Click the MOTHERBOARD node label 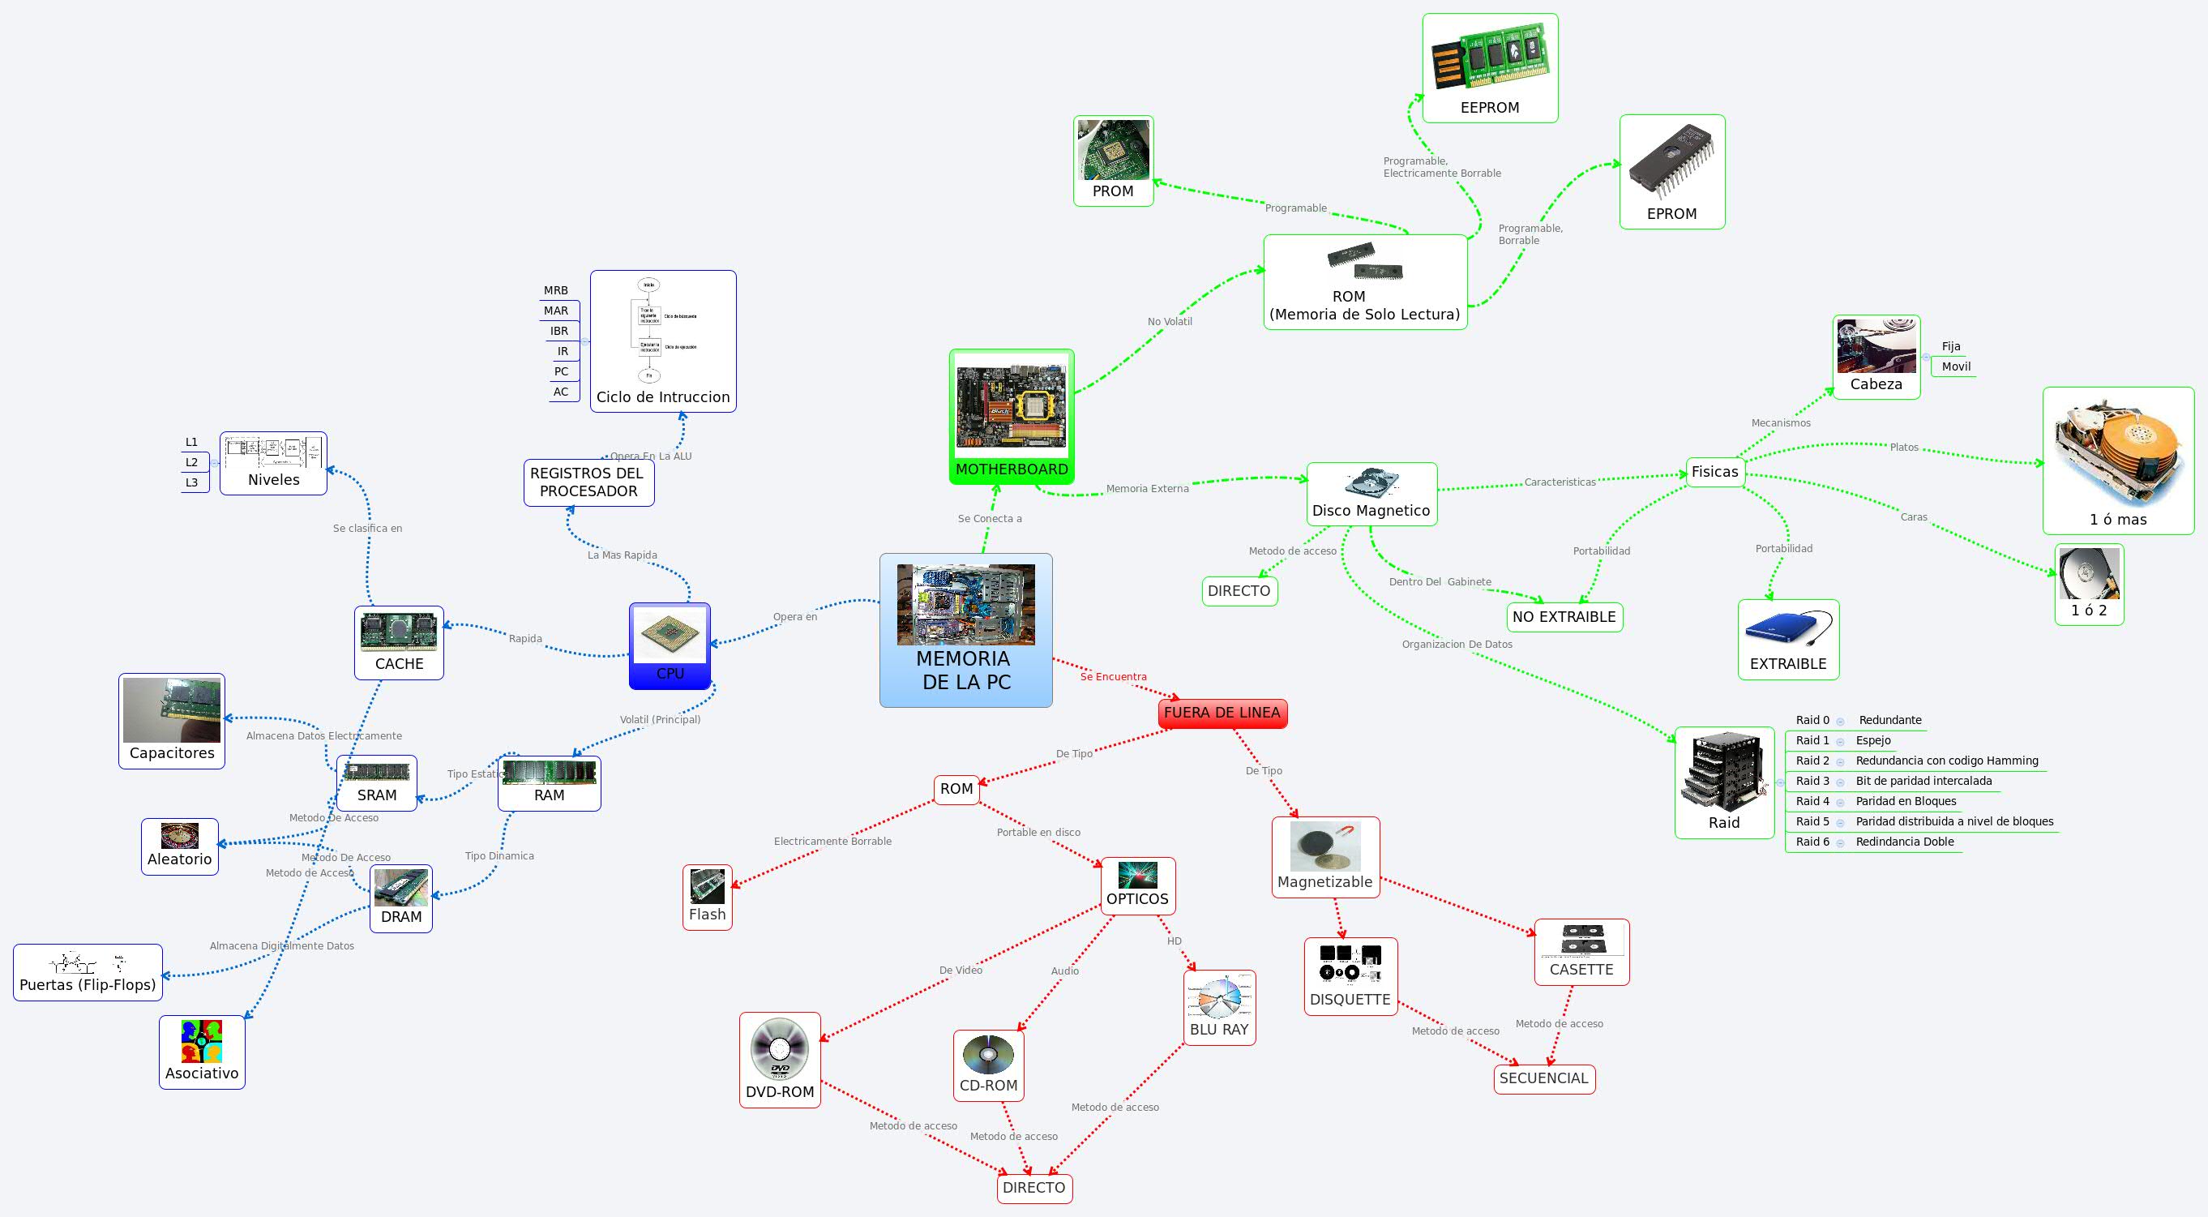point(1012,469)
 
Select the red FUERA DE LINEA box point(1222,713)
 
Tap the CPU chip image point(670,636)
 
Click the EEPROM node point(1490,69)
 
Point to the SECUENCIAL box point(1543,1078)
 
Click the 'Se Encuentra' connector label point(1113,677)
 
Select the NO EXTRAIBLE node point(1564,617)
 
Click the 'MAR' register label point(555,311)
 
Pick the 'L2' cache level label point(191,462)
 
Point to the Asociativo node point(202,1052)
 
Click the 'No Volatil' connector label point(1169,322)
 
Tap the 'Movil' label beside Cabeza point(1955,366)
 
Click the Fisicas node point(1714,472)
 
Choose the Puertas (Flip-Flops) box point(88,973)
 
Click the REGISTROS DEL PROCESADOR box point(588,482)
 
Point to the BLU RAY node point(1219,1008)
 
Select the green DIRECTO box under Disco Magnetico point(1239,591)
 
